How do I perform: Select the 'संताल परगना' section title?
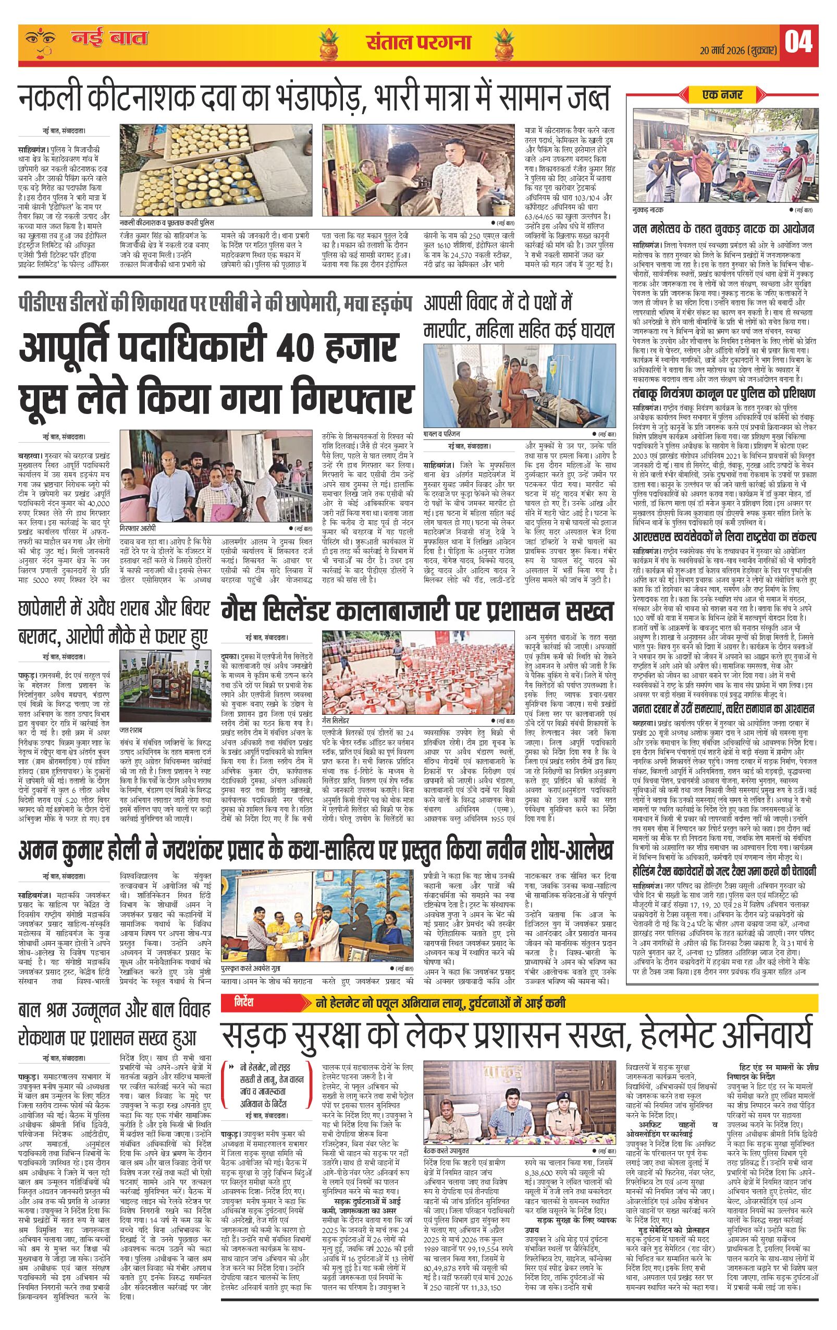coord(418,42)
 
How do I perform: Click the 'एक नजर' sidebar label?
coord(722,95)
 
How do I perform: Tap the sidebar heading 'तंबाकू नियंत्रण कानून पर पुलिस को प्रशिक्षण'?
coord(724,393)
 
